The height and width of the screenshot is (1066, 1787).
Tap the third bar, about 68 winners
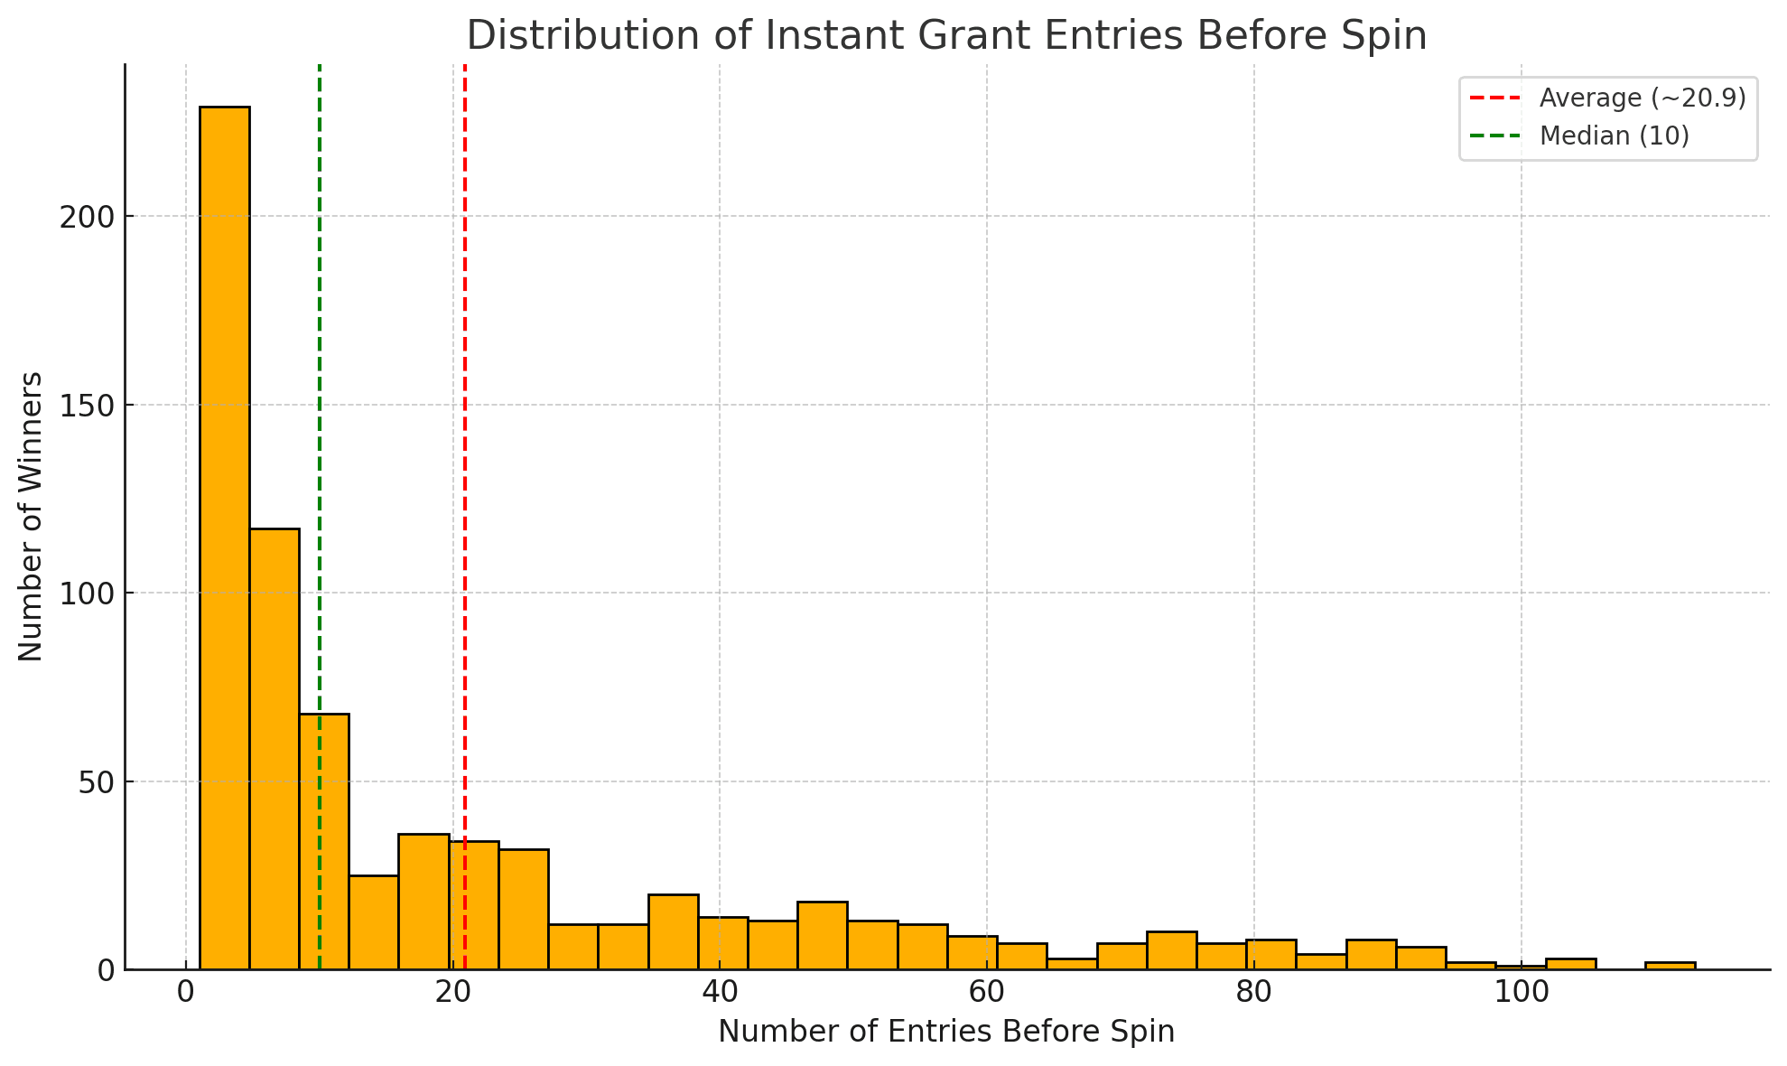tap(324, 840)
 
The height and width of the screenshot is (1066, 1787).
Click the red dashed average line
tap(465, 452)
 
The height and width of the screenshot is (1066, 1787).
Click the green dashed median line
tap(320, 452)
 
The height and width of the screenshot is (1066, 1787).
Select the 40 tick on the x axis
tap(720, 993)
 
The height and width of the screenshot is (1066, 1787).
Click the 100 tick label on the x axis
tap(1521, 993)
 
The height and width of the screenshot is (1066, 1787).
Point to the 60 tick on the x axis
tap(987, 993)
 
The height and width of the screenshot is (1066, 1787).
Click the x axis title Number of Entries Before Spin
tap(946, 1032)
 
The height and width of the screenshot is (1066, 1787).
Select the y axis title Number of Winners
tap(31, 516)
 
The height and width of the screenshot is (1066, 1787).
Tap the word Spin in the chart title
tap(1391, 36)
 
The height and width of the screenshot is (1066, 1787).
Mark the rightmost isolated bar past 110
tap(1670, 965)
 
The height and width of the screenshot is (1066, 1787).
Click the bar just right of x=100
tap(1570, 963)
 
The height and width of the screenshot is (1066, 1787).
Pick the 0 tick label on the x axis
tap(186, 993)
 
